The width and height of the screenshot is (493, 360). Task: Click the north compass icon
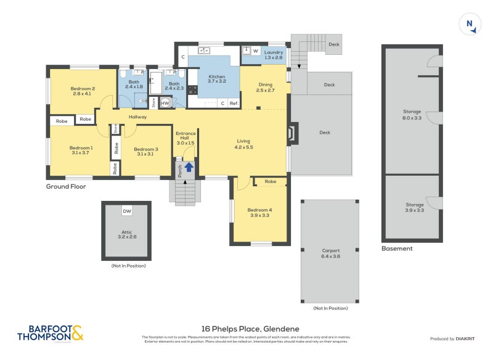click(x=470, y=25)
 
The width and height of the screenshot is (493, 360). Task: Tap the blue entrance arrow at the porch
click(x=189, y=166)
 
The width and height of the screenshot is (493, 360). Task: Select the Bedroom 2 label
click(x=82, y=90)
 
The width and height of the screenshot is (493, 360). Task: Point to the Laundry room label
click(x=273, y=55)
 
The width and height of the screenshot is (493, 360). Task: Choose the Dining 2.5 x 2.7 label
click(x=265, y=88)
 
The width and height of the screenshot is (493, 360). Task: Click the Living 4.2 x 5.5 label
click(x=244, y=144)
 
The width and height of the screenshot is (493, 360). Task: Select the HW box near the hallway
click(x=165, y=103)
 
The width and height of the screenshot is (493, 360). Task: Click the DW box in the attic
click(x=126, y=211)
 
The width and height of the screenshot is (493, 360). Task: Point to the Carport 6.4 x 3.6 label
click(x=330, y=253)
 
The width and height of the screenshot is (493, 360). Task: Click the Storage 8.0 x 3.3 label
click(x=412, y=114)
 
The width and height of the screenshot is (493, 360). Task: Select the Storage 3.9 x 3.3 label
click(x=414, y=207)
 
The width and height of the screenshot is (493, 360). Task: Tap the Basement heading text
click(x=397, y=248)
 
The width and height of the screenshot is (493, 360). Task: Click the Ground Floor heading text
click(x=66, y=186)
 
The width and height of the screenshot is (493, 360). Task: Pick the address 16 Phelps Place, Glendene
click(x=246, y=329)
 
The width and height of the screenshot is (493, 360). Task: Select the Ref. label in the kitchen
click(x=234, y=104)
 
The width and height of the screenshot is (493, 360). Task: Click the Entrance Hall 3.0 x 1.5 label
click(x=185, y=138)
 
